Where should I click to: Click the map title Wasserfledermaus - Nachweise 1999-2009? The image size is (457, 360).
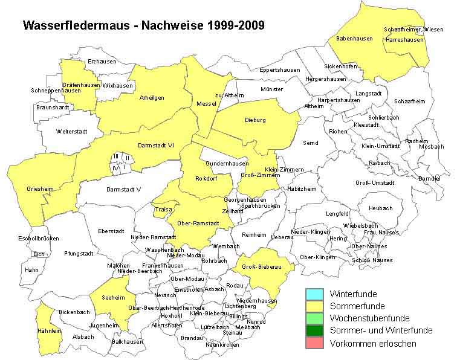[143, 26]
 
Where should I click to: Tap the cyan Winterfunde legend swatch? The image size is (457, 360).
[314, 294]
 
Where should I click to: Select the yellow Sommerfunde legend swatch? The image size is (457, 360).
[314, 306]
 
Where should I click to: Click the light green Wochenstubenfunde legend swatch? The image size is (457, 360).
[314, 318]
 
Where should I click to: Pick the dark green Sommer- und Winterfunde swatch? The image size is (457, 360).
[314, 330]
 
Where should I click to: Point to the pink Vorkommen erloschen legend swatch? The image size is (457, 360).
[314, 343]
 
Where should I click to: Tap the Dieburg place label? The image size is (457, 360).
[255, 120]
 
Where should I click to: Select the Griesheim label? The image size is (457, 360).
[40, 189]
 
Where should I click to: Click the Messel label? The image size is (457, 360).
[206, 104]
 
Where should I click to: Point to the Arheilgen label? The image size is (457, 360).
[152, 97]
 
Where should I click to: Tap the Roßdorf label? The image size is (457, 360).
[207, 178]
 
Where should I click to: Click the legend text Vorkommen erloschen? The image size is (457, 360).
[373, 343]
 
